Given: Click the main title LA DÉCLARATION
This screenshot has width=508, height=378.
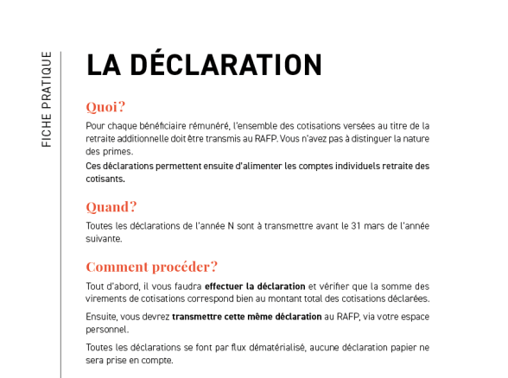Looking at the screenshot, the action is [x=204, y=66].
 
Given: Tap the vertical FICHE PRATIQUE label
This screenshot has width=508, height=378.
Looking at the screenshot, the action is [x=47, y=99].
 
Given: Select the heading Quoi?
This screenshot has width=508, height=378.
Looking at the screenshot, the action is [x=105, y=107].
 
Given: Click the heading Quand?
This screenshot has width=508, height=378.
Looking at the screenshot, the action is [x=111, y=207].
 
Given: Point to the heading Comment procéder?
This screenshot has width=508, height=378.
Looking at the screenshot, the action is [x=151, y=267].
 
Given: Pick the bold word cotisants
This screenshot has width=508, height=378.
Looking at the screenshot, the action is [x=105, y=179].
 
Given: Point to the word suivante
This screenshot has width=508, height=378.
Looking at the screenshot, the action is [x=104, y=239].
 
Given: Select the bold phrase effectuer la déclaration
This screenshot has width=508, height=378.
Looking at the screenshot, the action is [x=255, y=287].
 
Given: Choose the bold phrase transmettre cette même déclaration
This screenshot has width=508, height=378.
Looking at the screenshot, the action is [x=246, y=317].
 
